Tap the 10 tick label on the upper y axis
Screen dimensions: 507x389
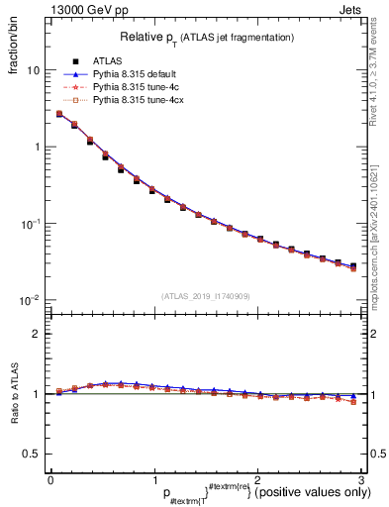33,71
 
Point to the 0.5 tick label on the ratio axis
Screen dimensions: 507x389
31,454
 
